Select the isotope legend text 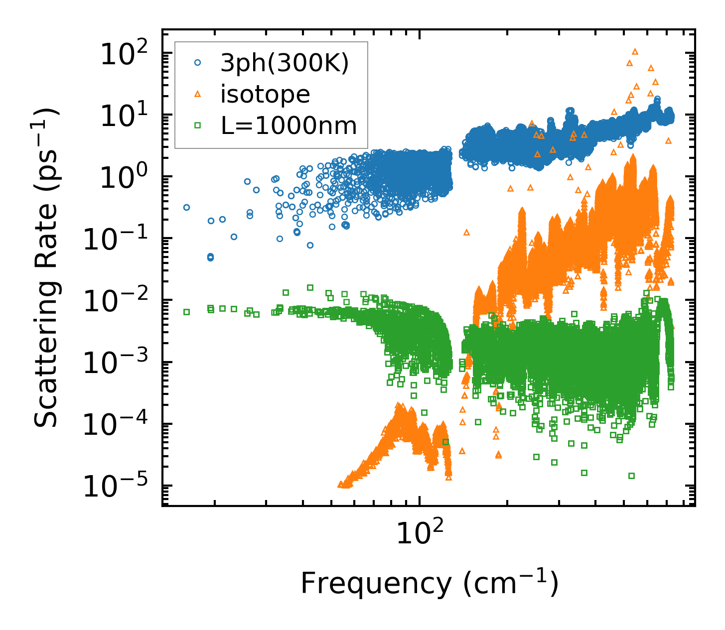[x=265, y=94]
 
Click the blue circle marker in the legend [x=197, y=63]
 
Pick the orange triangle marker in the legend [x=197, y=94]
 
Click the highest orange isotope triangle [x=635, y=51]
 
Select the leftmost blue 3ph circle [x=186, y=207]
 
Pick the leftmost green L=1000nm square [x=186, y=312]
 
